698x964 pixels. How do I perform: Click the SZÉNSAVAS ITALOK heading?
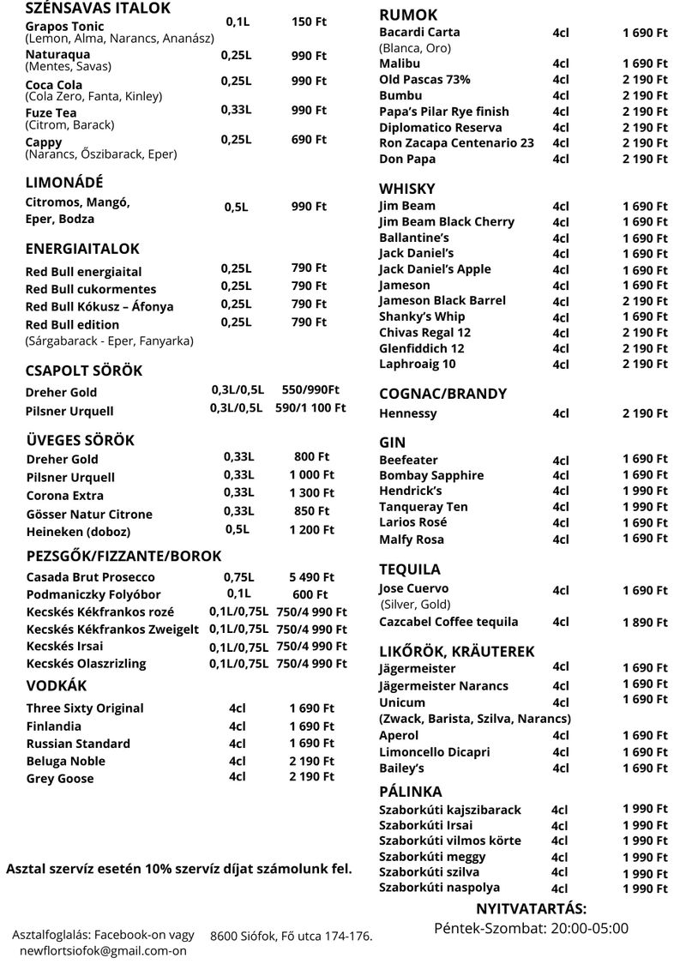(x=98, y=9)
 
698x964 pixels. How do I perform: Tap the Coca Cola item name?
(x=54, y=84)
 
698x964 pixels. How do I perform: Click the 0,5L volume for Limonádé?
(x=237, y=207)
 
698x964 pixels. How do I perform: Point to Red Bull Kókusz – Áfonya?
(x=99, y=306)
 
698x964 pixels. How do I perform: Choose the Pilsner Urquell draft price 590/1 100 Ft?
(x=310, y=408)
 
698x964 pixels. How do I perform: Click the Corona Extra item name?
(x=65, y=496)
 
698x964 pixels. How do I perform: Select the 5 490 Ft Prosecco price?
(x=311, y=577)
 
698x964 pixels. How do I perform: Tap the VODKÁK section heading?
(x=56, y=686)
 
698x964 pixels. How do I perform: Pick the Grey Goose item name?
(x=60, y=779)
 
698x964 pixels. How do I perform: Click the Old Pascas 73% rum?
(x=424, y=80)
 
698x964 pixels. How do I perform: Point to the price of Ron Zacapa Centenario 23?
(x=645, y=143)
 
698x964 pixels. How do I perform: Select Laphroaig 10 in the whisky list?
(x=418, y=365)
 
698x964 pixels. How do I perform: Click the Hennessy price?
(x=645, y=413)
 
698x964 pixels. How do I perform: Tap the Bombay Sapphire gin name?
(x=431, y=475)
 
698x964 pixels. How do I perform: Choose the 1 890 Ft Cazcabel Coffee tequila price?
(x=645, y=623)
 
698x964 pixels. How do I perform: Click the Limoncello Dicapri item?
(x=435, y=752)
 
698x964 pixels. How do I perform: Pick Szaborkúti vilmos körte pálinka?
(x=450, y=840)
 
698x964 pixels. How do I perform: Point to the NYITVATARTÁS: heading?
(x=531, y=909)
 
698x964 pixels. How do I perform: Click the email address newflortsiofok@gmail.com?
(x=103, y=951)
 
